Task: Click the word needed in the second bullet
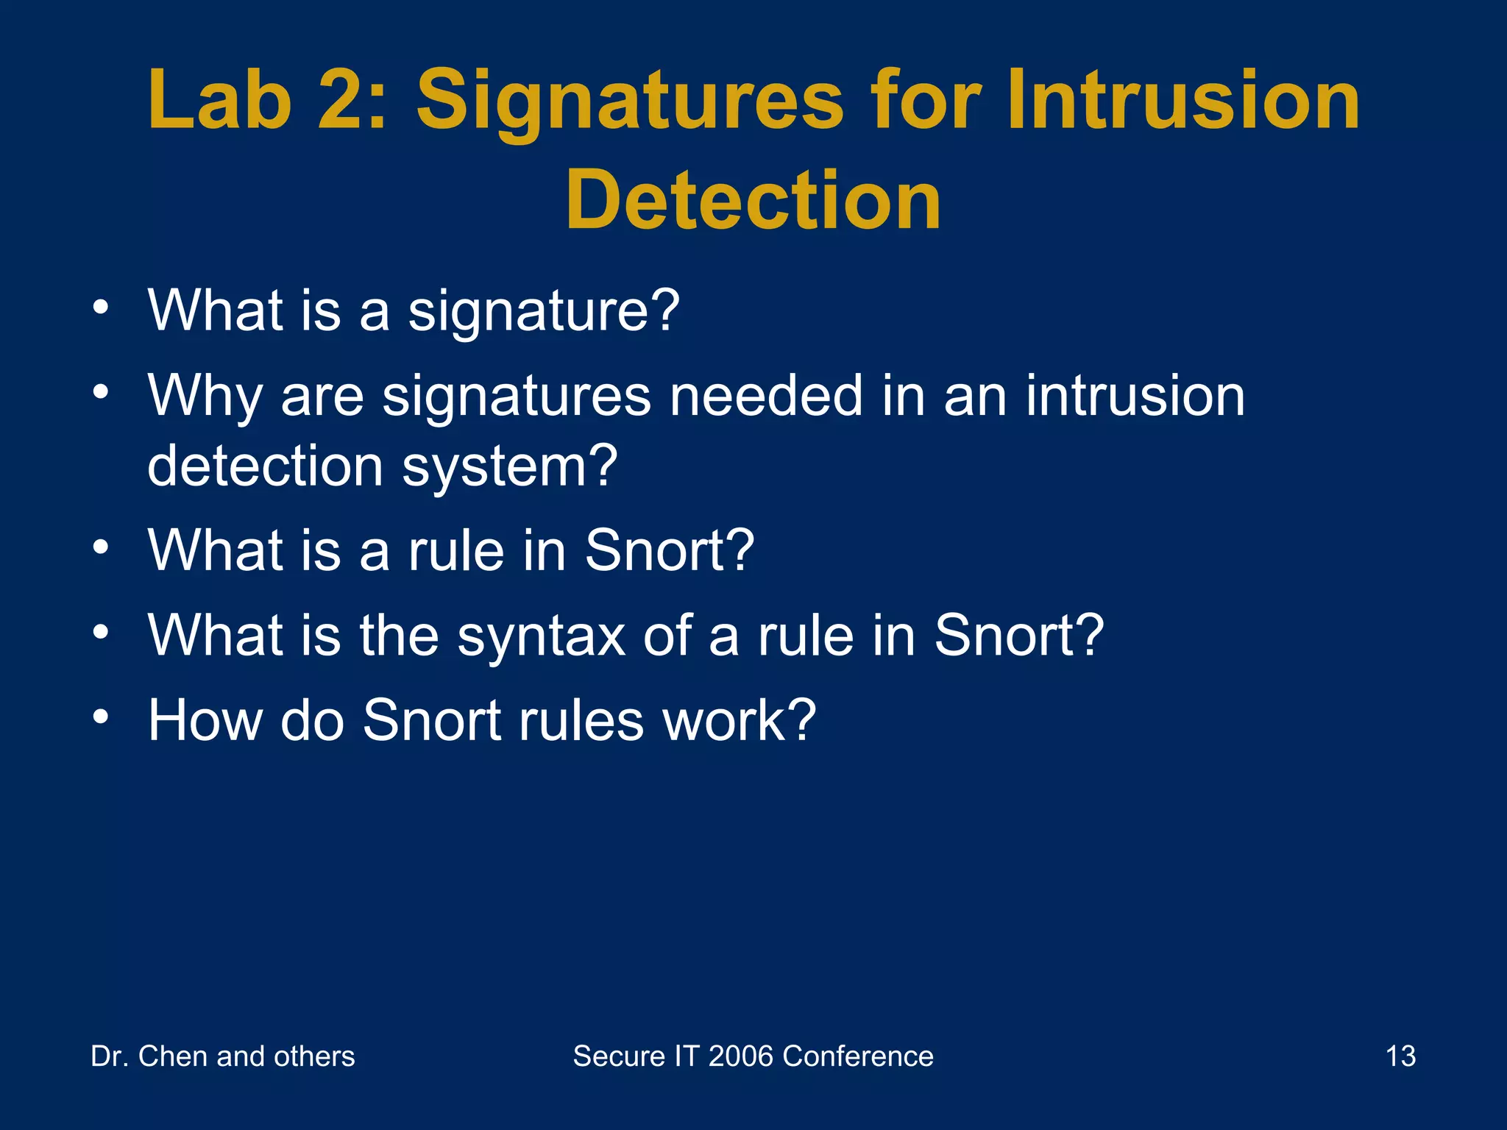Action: click(x=765, y=396)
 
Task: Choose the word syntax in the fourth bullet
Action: click(x=542, y=637)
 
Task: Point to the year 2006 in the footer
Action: click(x=741, y=1056)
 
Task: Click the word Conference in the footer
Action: click(x=858, y=1056)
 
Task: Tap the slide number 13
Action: click(x=1400, y=1056)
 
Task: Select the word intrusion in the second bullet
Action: click(x=1135, y=396)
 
